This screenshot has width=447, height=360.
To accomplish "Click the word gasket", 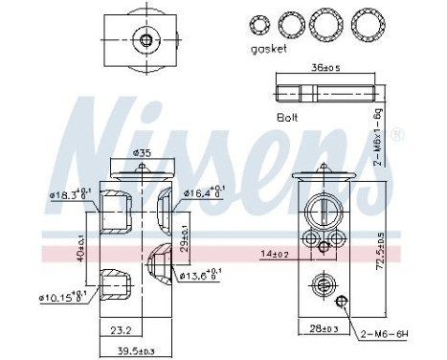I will tap(267, 49).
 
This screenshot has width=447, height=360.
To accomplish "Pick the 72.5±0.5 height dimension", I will tap(382, 251).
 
